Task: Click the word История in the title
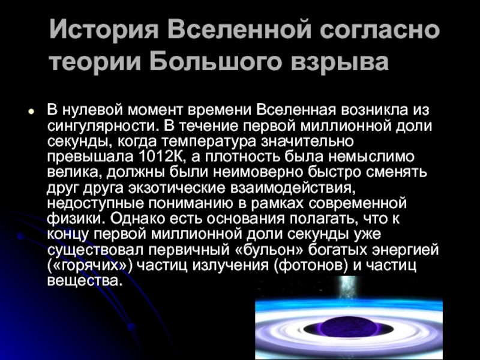(104, 30)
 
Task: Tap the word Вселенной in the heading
(239, 30)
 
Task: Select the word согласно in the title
(380, 30)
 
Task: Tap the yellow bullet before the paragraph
(31, 112)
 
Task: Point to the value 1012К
(161, 157)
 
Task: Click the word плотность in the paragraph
(243, 157)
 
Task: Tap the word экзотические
(176, 188)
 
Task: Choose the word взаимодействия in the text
(293, 188)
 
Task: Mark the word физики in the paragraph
(77, 218)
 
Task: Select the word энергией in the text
(406, 250)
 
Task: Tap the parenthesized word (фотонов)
(311, 265)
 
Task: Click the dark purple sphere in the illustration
(349, 328)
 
